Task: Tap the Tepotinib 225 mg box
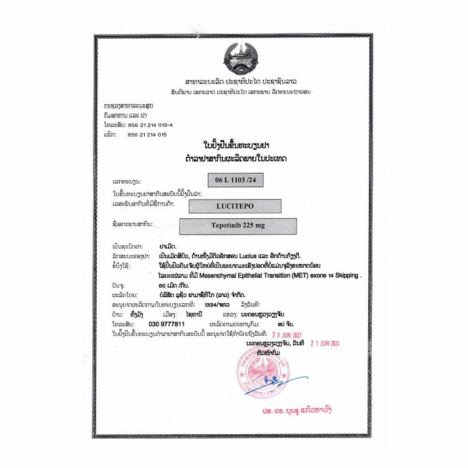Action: click(237, 225)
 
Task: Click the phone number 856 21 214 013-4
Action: click(150, 125)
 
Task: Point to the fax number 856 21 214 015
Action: click(147, 134)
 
